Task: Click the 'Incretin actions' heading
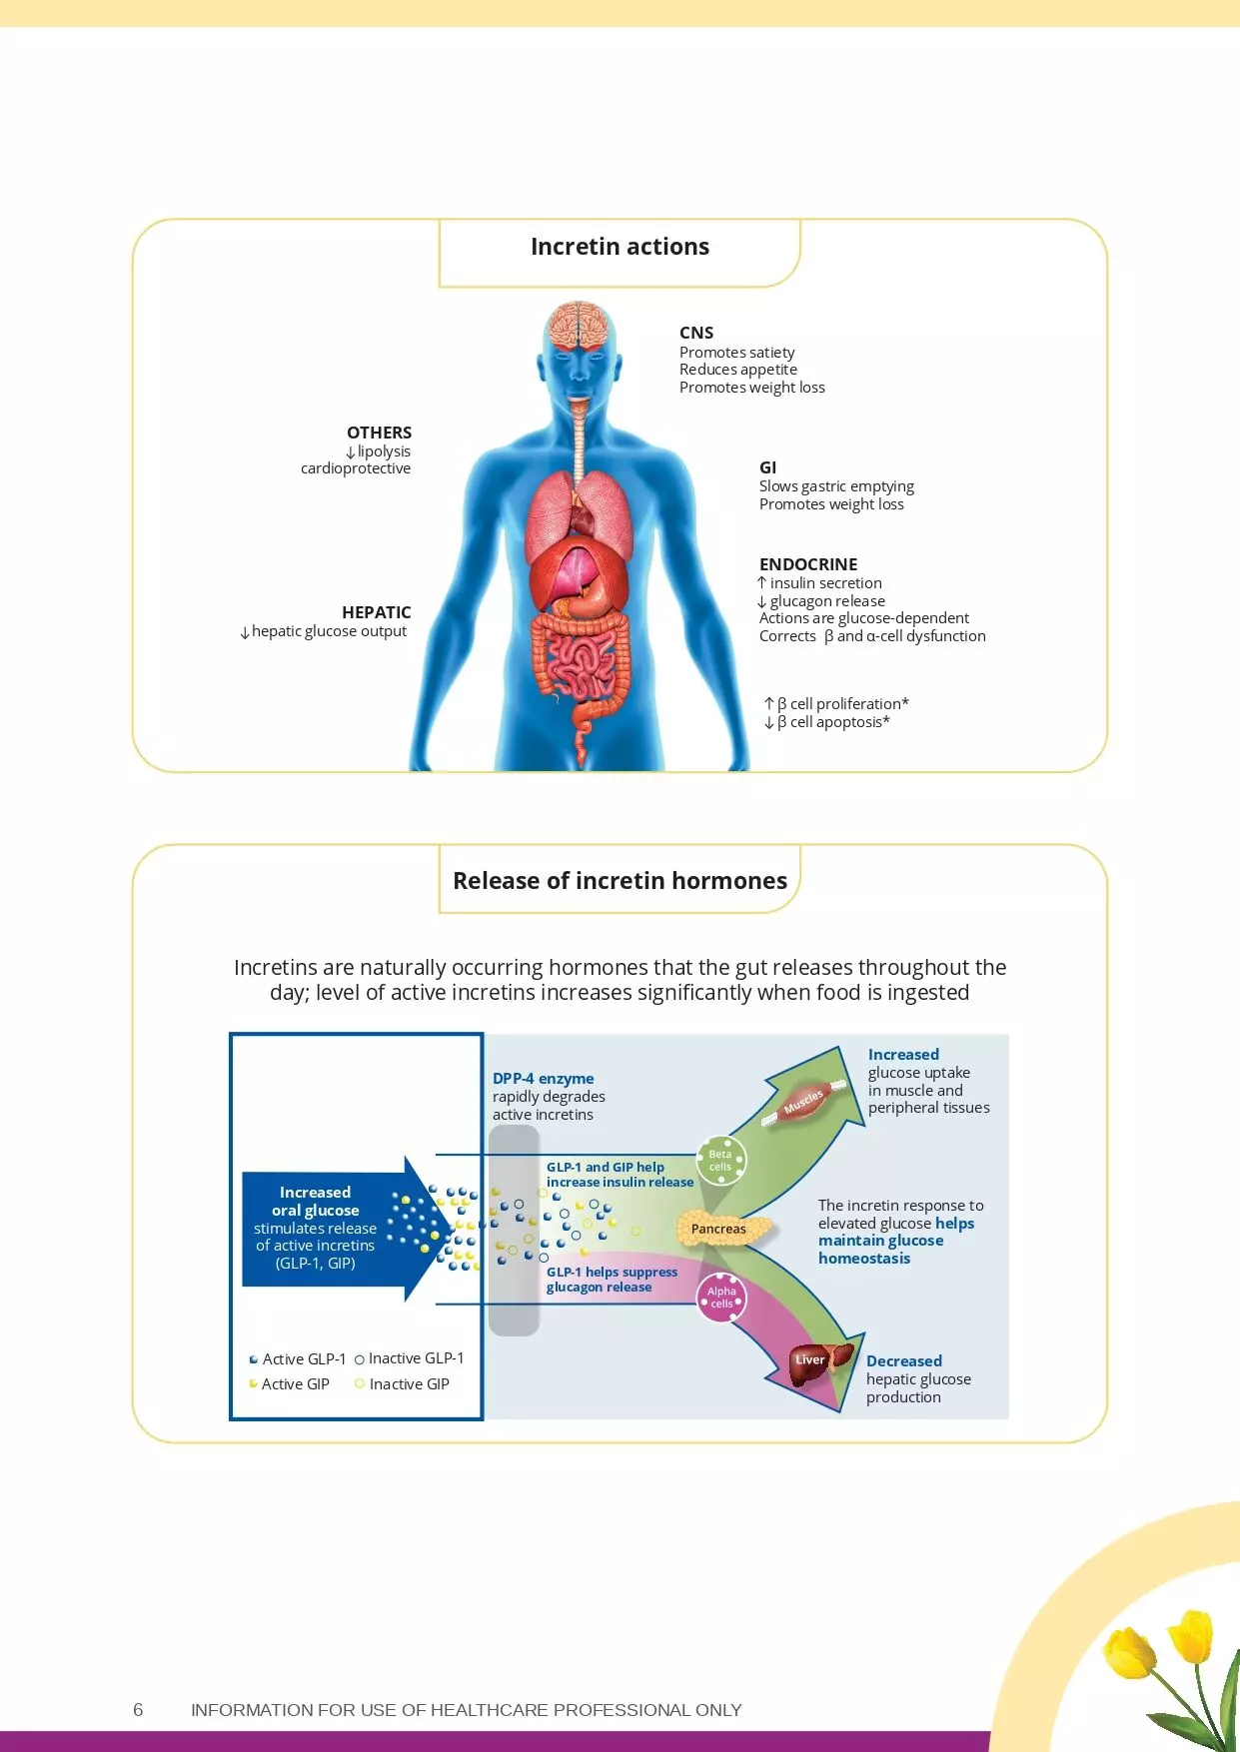pyautogui.click(x=620, y=247)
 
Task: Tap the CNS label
pyautogui.click(x=696, y=333)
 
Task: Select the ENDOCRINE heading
pyautogui.click(x=807, y=564)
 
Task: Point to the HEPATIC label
pyautogui.click(x=376, y=612)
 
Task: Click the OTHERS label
pyautogui.click(x=379, y=433)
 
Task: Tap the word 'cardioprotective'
pyautogui.click(x=356, y=468)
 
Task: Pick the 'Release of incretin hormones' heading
pyautogui.click(x=620, y=880)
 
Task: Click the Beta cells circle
pyautogui.click(x=720, y=1161)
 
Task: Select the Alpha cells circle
pyautogui.click(x=721, y=1298)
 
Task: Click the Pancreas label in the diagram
pyautogui.click(x=718, y=1229)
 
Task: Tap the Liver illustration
pyautogui.click(x=816, y=1363)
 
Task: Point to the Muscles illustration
pyautogui.click(x=805, y=1101)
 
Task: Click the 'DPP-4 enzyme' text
pyautogui.click(x=543, y=1079)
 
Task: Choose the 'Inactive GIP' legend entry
pyautogui.click(x=403, y=1384)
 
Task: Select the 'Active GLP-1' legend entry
pyautogui.click(x=298, y=1359)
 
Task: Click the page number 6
pyautogui.click(x=138, y=1710)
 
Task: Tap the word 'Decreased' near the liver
pyautogui.click(x=903, y=1361)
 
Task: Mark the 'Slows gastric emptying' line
pyautogui.click(x=836, y=486)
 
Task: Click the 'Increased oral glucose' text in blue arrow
pyautogui.click(x=315, y=1202)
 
